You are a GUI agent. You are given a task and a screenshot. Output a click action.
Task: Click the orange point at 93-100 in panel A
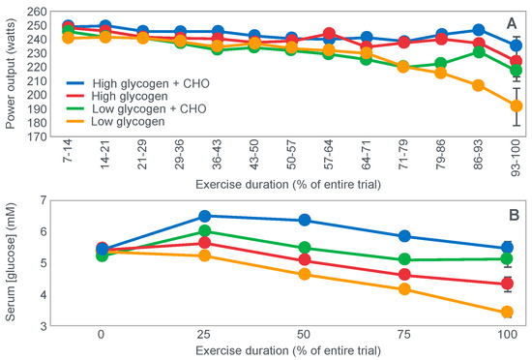click(517, 106)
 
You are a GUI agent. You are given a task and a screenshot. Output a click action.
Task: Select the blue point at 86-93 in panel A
click(479, 30)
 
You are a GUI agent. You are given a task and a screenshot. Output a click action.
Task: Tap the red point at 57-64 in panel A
click(329, 34)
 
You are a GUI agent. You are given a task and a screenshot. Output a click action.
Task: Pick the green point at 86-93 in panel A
click(479, 52)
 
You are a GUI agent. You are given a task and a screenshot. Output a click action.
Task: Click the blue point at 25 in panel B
click(205, 216)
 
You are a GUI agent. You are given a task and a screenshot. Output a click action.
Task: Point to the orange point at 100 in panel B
click(507, 312)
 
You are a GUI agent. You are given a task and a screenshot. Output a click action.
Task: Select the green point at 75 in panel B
click(404, 259)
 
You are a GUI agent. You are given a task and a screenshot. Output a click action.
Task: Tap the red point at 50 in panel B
click(305, 260)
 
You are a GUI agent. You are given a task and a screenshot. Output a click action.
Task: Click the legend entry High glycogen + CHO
click(138, 83)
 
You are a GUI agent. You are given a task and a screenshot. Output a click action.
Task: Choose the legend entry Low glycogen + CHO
click(136, 109)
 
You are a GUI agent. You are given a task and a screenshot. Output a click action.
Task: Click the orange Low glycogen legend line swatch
click(75, 122)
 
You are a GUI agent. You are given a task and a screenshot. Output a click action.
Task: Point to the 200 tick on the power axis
click(39, 95)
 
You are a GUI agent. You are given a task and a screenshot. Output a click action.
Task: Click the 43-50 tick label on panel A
click(254, 155)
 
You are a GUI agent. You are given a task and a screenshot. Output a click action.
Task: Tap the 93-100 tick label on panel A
click(517, 158)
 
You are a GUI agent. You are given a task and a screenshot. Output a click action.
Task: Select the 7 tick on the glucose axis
click(44, 200)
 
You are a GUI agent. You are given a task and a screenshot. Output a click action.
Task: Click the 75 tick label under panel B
click(404, 335)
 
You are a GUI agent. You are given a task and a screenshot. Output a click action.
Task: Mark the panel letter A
click(512, 24)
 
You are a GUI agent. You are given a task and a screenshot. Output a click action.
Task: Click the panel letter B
click(514, 216)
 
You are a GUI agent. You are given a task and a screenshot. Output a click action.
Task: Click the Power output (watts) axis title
click(11, 74)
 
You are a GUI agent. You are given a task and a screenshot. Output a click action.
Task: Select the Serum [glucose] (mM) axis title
click(11, 262)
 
